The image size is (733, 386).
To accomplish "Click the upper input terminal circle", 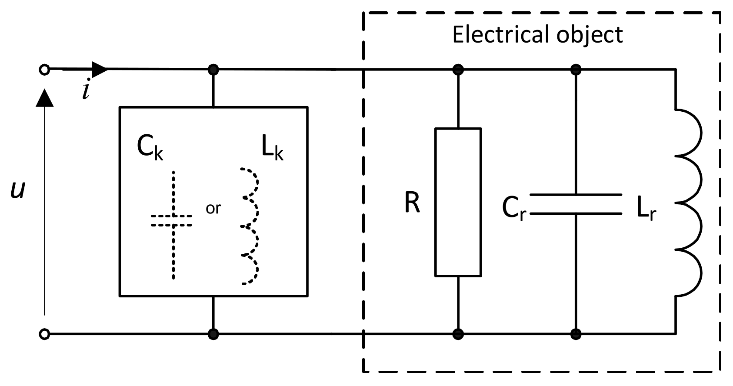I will pyautogui.click(x=44, y=69).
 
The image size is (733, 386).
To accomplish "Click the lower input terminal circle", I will pyautogui.click(x=44, y=334).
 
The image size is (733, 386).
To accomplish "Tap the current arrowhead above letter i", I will pyautogui.click(x=100, y=68).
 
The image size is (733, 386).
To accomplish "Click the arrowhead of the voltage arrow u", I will pyautogui.click(x=44, y=98).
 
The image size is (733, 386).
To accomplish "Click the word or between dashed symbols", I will pyautogui.click(x=213, y=209).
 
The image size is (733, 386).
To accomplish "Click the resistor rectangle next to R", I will pyautogui.click(x=458, y=202).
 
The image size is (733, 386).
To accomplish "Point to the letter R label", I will pyautogui.click(x=412, y=203).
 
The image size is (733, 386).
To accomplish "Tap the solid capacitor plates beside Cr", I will pyautogui.click(x=576, y=204).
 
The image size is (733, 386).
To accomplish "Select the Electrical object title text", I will pyautogui.click(x=537, y=34).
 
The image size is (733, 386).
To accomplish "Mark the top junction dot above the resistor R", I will pyautogui.click(x=458, y=69).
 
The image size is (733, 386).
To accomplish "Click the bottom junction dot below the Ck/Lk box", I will pyautogui.click(x=213, y=334).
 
